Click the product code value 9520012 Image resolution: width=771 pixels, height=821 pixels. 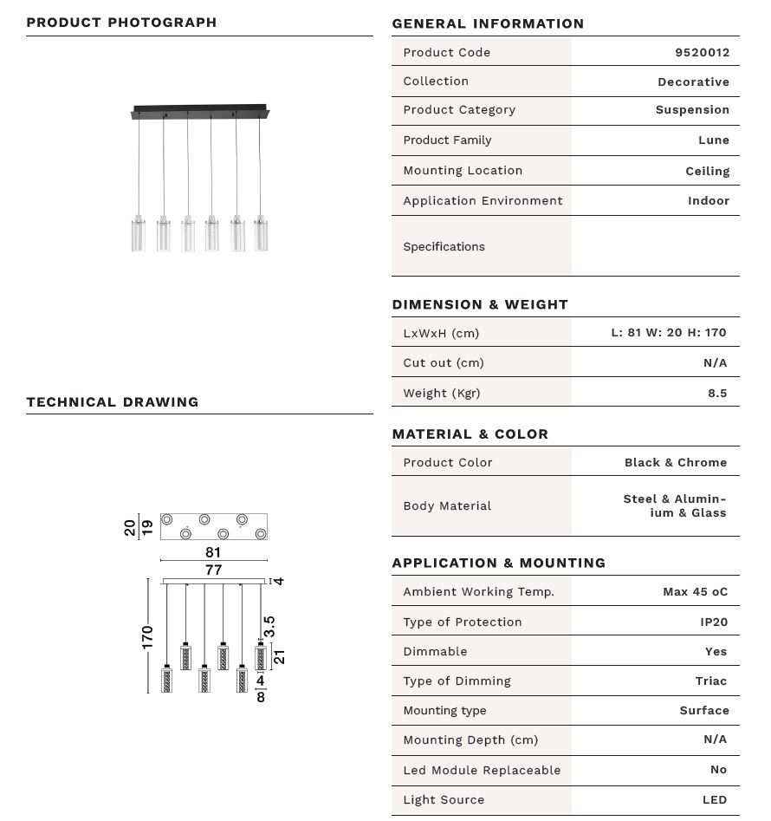[702, 52]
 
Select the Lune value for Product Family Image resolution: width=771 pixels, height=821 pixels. [713, 140]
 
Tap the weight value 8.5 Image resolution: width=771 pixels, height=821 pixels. [716, 393]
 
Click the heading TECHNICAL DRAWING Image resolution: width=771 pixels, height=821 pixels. [113, 402]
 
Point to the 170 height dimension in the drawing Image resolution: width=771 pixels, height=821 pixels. [147, 636]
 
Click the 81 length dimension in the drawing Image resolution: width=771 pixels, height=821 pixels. [213, 552]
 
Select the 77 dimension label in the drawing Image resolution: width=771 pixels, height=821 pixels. [213, 570]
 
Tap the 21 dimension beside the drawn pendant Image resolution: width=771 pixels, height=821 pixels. [279, 656]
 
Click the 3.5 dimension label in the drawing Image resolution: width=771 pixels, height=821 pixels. [269, 626]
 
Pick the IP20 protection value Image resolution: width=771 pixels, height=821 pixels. [713, 622]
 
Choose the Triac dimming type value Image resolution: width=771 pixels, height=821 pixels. [710, 681]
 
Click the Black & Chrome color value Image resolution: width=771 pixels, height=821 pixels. [675, 462]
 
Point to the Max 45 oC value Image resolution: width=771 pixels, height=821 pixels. [695, 591]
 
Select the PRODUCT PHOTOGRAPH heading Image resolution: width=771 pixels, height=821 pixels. [121, 23]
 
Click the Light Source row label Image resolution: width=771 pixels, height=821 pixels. [444, 799]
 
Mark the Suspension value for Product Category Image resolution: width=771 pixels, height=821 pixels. [691, 110]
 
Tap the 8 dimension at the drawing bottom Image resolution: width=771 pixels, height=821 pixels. [261, 696]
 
